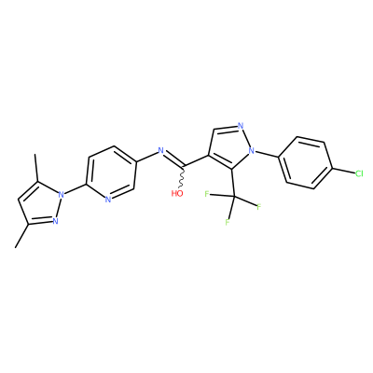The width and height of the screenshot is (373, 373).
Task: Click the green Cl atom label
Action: coord(359,173)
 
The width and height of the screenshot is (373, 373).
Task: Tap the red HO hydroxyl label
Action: coord(177,194)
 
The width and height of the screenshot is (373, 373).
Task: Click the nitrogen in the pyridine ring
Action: coord(108,200)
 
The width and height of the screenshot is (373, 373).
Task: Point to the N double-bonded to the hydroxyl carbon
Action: coord(160,151)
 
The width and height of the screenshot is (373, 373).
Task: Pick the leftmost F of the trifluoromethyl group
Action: coord(207,194)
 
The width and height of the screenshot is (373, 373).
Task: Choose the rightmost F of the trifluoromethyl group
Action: coord(258,207)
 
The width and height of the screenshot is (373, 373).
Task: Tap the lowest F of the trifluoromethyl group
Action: coord(228,223)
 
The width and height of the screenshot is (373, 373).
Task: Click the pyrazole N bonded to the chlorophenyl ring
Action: coord(252,151)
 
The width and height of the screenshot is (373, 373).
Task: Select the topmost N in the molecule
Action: coord(240,126)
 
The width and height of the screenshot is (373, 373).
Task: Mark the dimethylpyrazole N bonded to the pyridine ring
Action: coord(62,195)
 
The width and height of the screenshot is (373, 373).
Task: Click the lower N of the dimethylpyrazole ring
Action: coord(55,221)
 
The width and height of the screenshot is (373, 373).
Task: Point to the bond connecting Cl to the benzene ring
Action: coord(343,172)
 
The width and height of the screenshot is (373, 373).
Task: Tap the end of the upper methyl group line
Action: coord(35,155)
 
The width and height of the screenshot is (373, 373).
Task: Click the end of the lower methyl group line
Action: coord(15,248)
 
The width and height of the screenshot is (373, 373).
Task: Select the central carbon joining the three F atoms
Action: coord(234,197)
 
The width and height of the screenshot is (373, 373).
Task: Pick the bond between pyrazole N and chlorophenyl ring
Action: coord(268,154)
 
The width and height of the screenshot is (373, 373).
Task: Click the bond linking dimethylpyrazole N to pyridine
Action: coord(76,190)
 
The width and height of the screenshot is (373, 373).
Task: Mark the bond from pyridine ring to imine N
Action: coord(146,157)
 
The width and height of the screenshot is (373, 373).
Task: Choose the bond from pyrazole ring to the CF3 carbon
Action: coord(232,183)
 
